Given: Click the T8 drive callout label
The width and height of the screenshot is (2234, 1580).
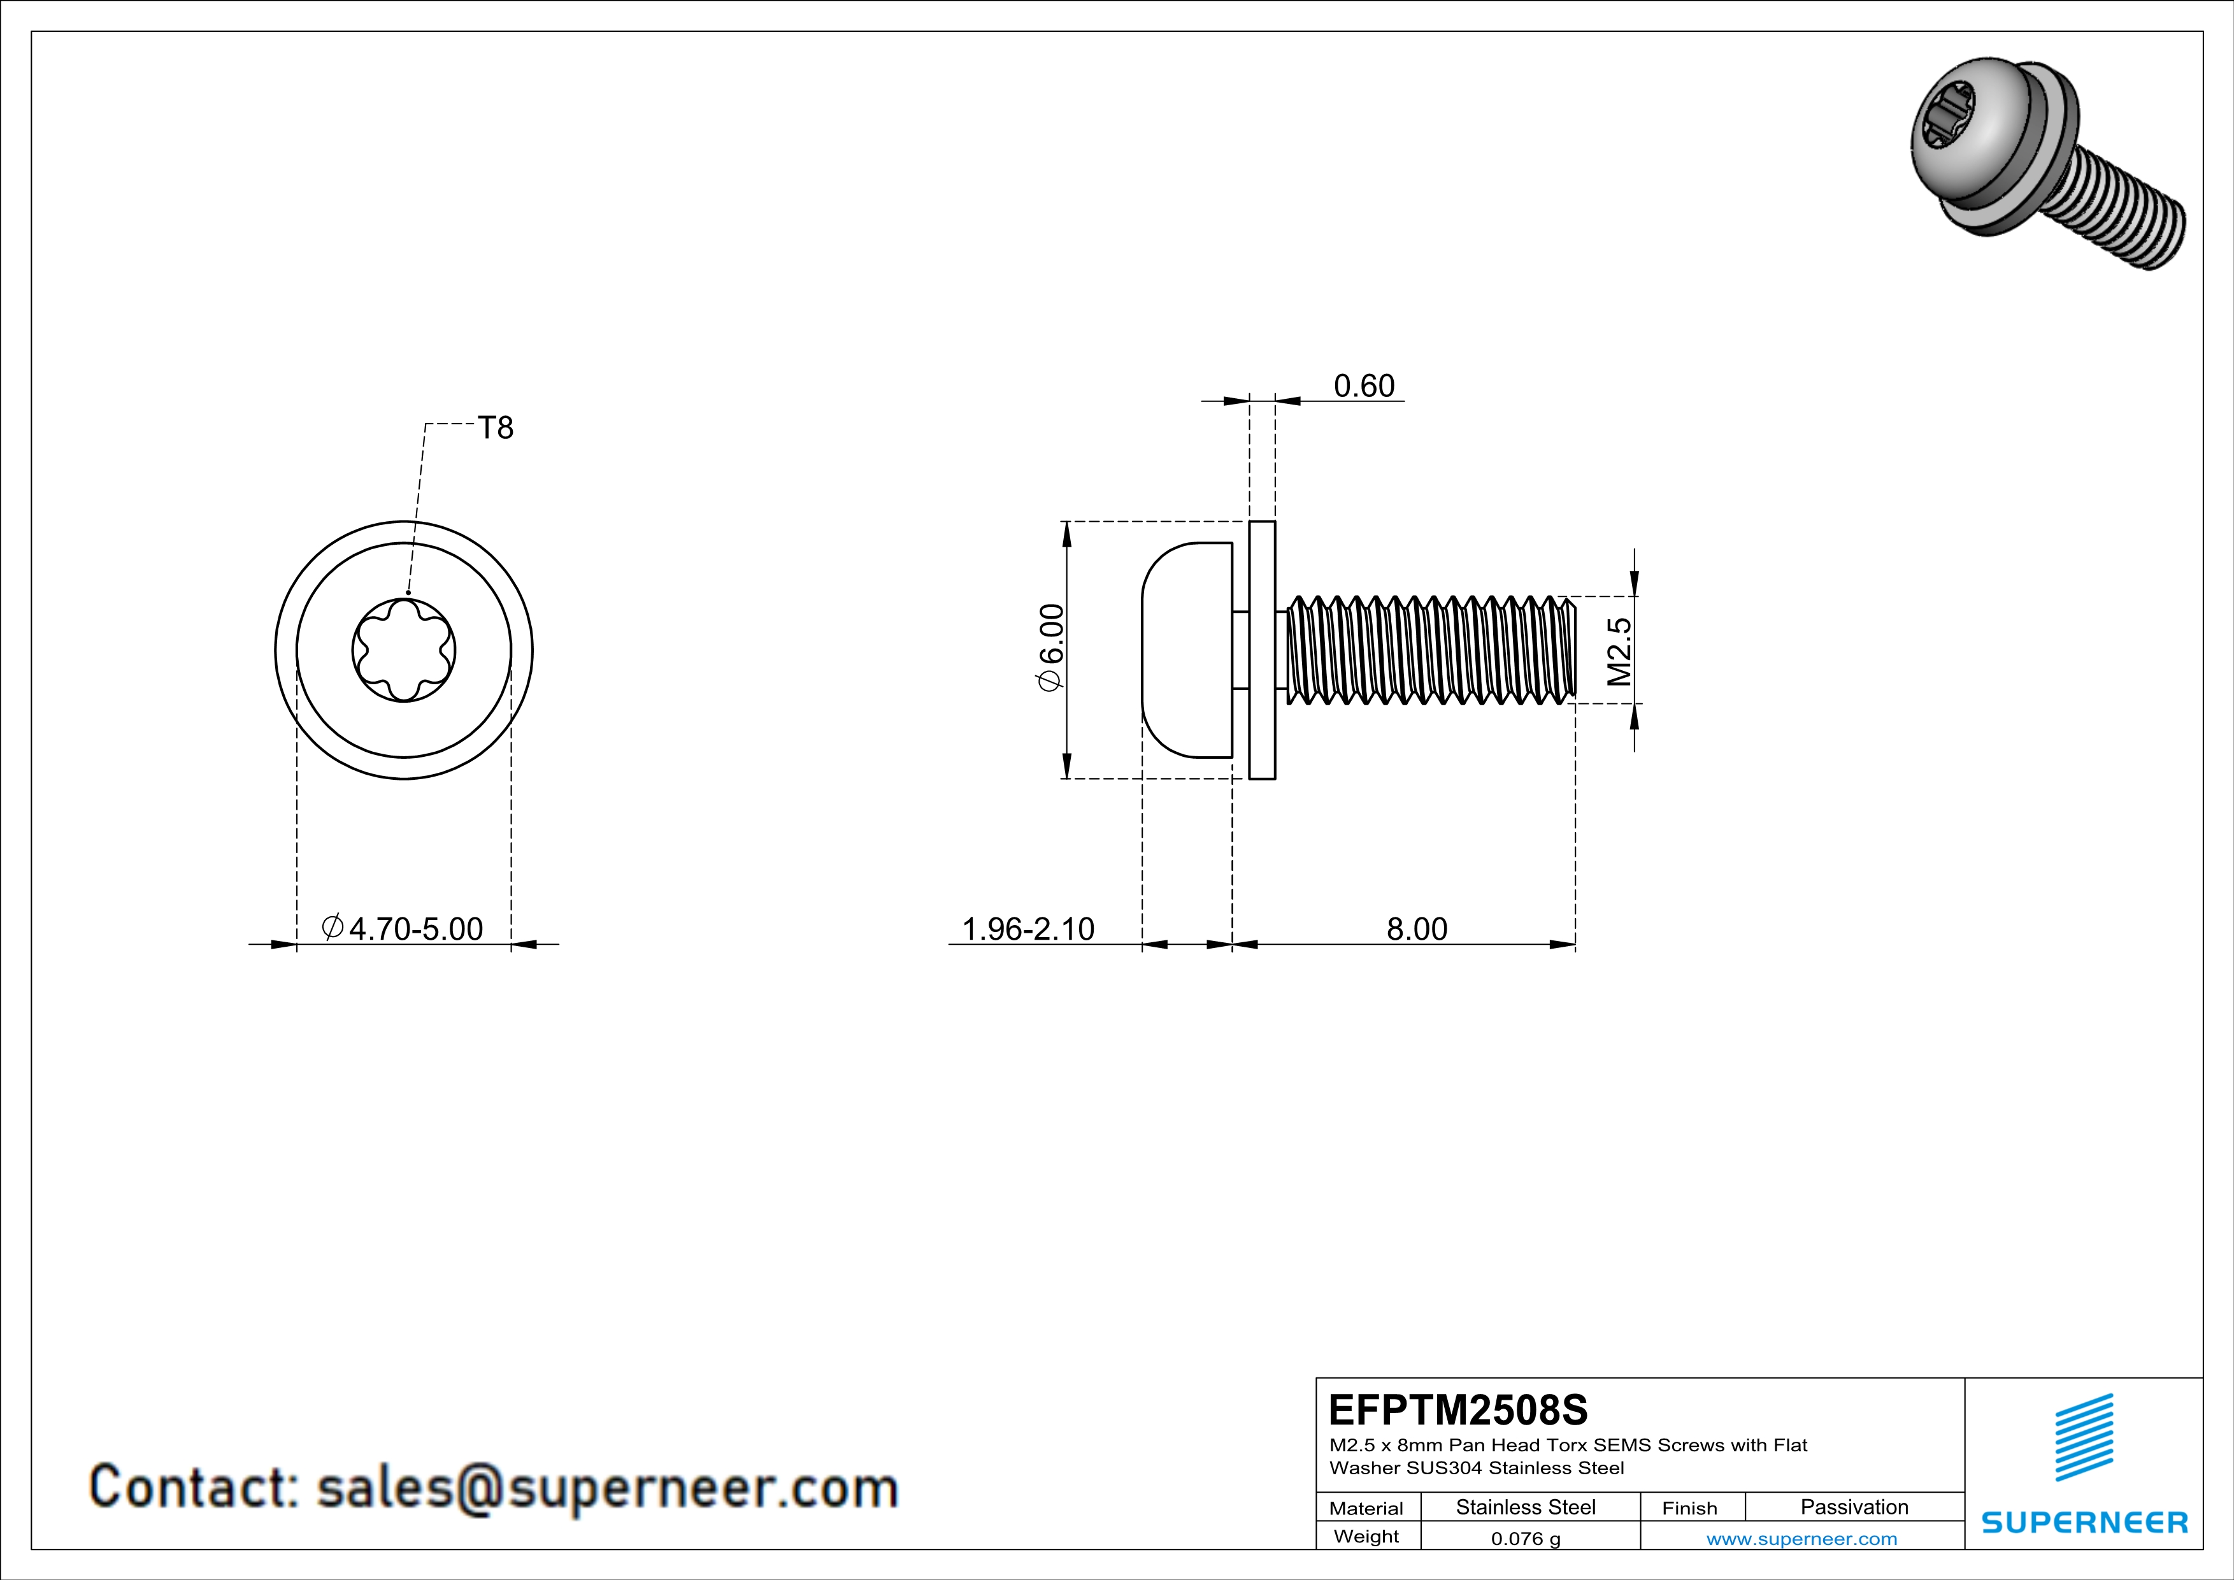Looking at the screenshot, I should pyautogui.click(x=495, y=428).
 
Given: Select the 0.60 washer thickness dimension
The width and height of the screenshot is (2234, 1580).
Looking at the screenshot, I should pyautogui.click(x=1363, y=386).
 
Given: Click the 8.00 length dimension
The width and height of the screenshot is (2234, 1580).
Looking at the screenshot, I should pyautogui.click(x=1417, y=929).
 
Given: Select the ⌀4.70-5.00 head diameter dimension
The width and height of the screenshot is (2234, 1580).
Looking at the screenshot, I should pyautogui.click(x=403, y=929).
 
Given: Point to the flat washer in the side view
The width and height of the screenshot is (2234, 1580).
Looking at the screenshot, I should pyautogui.click(x=1262, y=650).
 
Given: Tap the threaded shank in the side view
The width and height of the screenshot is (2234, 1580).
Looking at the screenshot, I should pyautogui.click(x=1430, y=650).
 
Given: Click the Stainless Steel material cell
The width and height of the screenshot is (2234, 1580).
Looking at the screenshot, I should pyautogui.click(x=1526, y=1507).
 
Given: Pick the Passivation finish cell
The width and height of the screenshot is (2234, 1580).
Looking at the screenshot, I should pyautogui.click(x=1854, y=1507).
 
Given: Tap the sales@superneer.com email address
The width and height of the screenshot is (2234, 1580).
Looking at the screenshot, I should pyautogui.click(x=607, y=1488).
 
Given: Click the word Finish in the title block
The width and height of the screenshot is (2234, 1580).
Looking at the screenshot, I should pyautogui.click(x=1689, y=1508).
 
